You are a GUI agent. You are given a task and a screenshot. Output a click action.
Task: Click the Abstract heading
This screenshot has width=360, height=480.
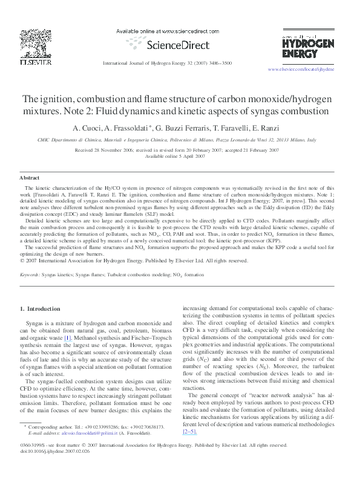point(30,179)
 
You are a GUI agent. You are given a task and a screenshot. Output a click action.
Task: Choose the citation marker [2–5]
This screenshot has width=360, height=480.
point(189,432)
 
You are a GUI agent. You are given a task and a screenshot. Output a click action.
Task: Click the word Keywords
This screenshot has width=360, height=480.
point(29,274)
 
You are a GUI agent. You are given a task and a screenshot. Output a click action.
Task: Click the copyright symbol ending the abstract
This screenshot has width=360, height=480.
point(22,261)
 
